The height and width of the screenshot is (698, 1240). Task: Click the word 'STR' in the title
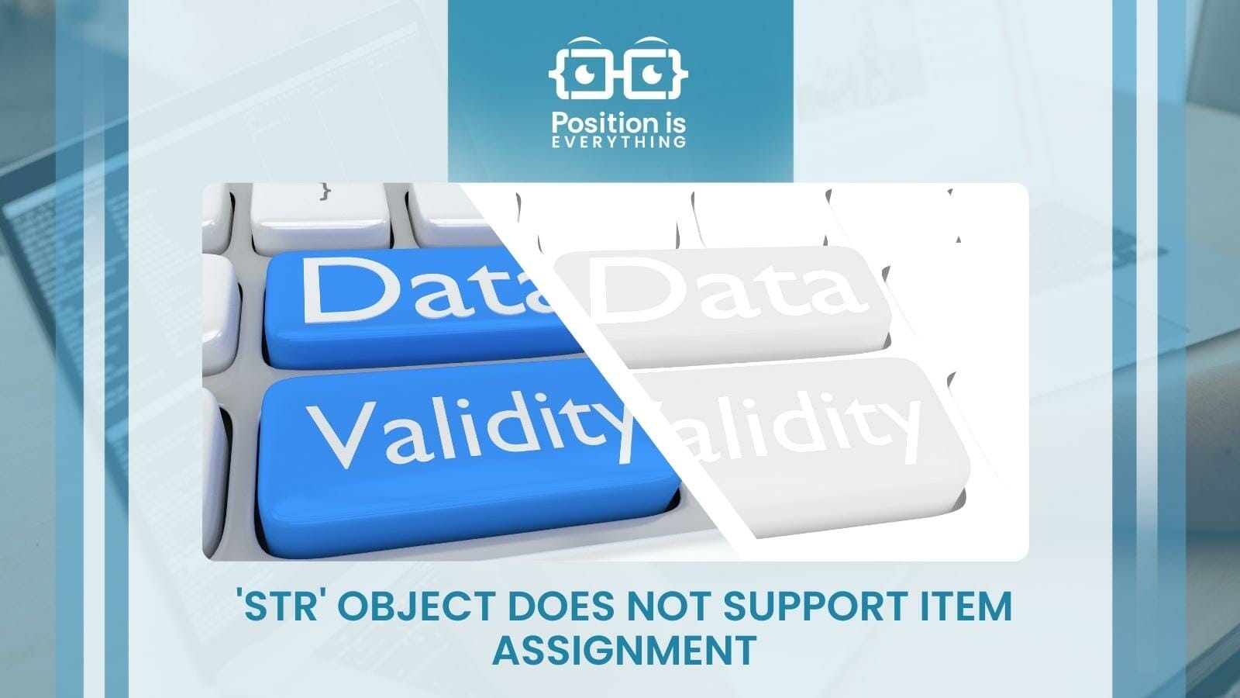coord(283,606)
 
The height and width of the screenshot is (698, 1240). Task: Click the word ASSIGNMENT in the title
coord(624,650)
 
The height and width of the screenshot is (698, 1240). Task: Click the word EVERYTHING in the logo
coord(618,142)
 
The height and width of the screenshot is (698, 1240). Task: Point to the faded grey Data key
coord(728,299)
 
